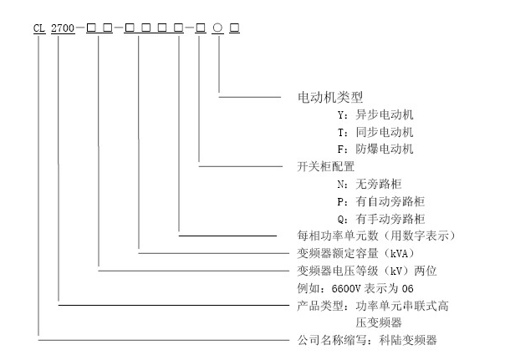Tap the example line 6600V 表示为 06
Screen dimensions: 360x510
(x=357, y=288)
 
